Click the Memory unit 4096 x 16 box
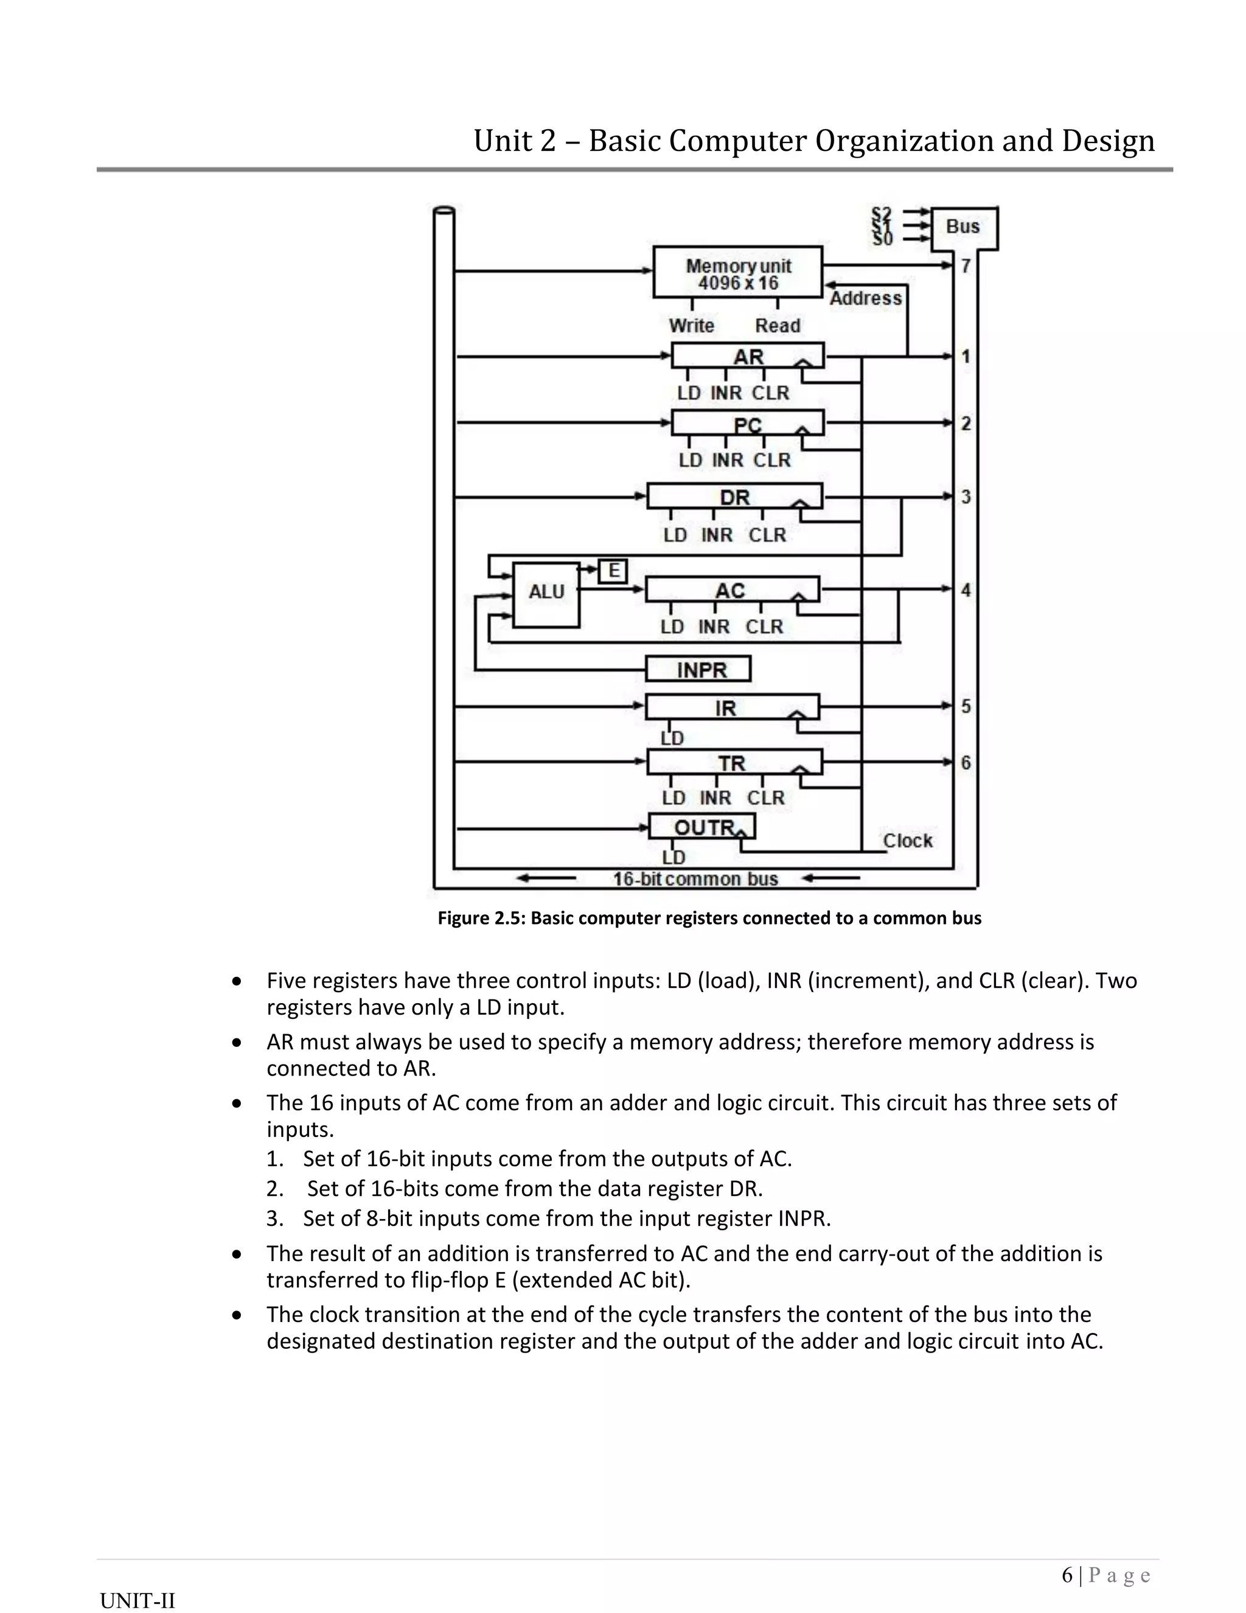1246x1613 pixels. click(737, 273)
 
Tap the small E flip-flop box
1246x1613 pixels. click(613, 571)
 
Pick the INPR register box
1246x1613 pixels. click(698, 669)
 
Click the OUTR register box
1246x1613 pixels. click(701, 827)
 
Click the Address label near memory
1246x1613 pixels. click(865, 298)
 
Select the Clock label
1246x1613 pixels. click(908, 841)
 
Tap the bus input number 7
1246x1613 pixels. click(966, 266)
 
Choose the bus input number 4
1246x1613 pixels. click(966, 589)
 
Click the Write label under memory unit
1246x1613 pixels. click(692, 326)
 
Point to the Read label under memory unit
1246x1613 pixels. click(778, 326)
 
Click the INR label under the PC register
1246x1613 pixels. click(727, 460)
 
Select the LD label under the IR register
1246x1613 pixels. click(672, 738)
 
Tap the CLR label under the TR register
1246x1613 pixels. click(765, 797)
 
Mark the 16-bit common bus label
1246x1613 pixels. click(695, 879)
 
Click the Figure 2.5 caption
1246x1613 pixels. click(709, 918)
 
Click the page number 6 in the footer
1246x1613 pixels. click(1067, 1575)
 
